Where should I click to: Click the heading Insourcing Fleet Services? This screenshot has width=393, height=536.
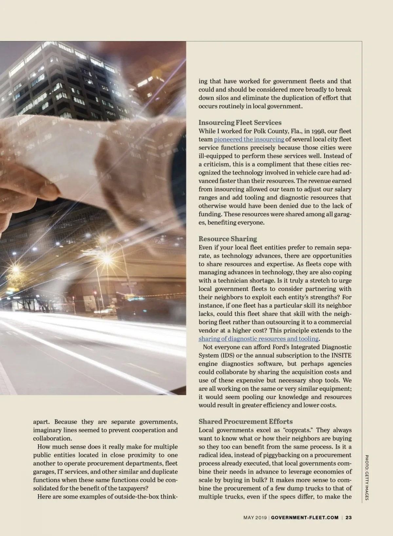pyautogui.click(x=240, y=123)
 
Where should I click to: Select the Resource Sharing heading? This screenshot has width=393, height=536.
pyautogui.click(x=228, y=239)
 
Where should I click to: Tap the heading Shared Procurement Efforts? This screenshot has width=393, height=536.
pyautogui.click(x=245, y=421)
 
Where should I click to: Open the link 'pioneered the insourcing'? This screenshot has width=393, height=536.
pyautogui.click(x=249, y=139)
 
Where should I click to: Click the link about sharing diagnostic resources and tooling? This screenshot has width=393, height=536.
pyautogui.click(x=258, y=339)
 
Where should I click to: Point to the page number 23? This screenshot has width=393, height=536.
pyautogui.click(x=348, y=517)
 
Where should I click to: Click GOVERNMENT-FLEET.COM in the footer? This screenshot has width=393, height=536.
pyautogui.click(x=305, y=517)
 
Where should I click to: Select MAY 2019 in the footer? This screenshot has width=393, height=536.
pyautogui.click(x=255, y=517)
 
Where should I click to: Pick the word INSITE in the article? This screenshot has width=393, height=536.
pyautogui.click(x=341, y=355)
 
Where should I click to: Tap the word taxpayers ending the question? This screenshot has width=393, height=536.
pyautogui.click(x=132, y=488)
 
